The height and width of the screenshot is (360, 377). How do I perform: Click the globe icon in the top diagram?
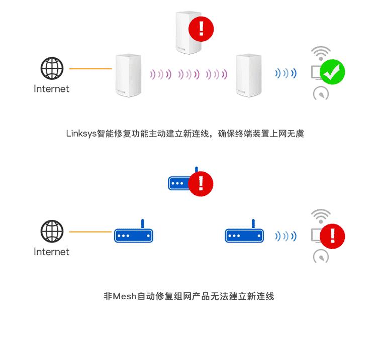[x=52, y=69]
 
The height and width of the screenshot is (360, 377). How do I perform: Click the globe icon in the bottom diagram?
[x=52, y=231]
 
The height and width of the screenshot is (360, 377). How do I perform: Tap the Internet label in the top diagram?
[x=51, y=89]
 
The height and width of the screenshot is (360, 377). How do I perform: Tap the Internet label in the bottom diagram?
[x=51, y=252]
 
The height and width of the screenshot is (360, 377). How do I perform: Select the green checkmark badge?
[x=332, y=72]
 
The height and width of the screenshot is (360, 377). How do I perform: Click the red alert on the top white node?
[x=201, y=28]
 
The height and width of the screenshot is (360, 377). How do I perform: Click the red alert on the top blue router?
[x=201, y=183]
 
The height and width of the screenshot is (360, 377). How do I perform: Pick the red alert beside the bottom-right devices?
[x=332, y=235]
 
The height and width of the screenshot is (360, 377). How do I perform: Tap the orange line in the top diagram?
[x=90, y=69]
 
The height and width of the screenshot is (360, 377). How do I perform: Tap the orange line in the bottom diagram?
[x=90, y=231]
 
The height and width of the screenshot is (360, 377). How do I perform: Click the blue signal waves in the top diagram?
[x=286, y=74]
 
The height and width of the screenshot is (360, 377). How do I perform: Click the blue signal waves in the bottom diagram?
[x=286, y=236]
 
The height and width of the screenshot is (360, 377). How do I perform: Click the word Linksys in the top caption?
[x=81, y=134]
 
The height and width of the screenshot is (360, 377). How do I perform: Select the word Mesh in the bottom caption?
[x=125, y=296]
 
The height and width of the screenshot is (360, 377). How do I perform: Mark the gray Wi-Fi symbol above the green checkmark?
[x=321, y=53]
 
